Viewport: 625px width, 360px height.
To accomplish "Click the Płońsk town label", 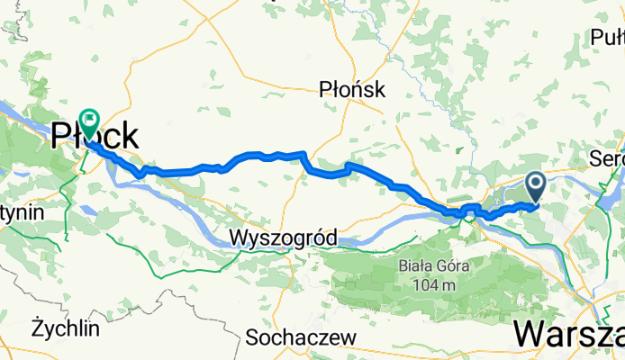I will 352,89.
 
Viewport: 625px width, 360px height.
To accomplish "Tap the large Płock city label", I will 95,137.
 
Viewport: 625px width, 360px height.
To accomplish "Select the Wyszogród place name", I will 283,238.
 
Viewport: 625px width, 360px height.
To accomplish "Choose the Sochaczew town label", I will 301,338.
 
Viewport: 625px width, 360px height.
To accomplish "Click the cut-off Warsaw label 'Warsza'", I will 569,334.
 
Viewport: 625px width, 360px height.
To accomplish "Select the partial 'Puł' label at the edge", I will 608,37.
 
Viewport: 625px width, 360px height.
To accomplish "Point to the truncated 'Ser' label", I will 606,157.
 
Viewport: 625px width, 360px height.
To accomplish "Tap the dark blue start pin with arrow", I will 535,187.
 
